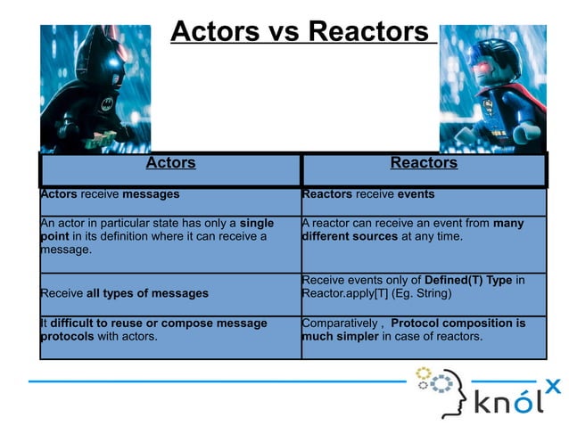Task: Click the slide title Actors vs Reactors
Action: coord(300,32)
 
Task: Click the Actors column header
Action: coord(170,163)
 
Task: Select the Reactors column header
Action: coord(424,163)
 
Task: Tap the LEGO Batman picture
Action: coord(95,88)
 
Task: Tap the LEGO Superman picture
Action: coord(492,88)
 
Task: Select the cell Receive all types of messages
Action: coord(124,293)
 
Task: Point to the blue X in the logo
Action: coord(553,385)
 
